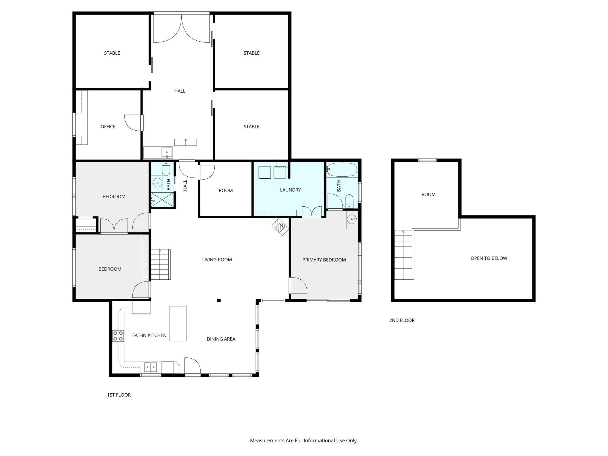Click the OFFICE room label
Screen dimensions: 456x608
tap(108, 127)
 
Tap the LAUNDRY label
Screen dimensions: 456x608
tap(290, 190)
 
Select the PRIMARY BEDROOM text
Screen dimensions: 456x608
tap(324, 260)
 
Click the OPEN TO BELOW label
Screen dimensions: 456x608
tap(489, 258)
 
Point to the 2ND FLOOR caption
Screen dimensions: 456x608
tap(402, 320)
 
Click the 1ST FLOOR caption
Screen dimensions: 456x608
tap(119, 395)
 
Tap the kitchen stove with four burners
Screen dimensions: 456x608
tap(118, 336)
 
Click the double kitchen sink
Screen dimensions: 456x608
tap(151, 367)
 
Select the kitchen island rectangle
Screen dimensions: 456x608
tap(178, 323)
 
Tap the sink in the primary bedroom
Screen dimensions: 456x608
tap(352, 220)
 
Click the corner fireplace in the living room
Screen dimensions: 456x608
tap(280, 227)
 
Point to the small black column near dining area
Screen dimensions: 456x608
tap(219, 300)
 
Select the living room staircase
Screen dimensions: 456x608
tap(161, 264)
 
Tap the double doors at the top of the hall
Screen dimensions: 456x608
tap(182, 28)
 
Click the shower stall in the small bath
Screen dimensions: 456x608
tap(162, 199)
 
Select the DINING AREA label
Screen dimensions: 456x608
tap(221, 339)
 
